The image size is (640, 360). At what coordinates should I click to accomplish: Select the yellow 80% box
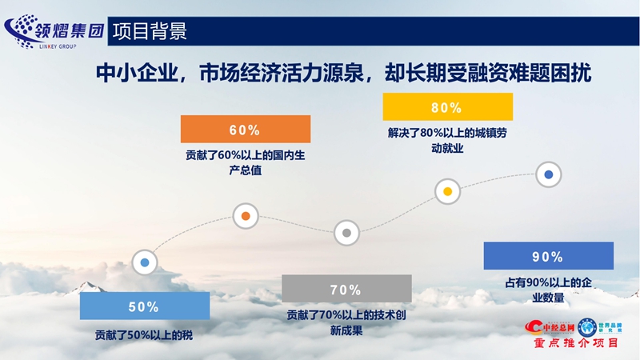pyautogui.click(x=446, y=107)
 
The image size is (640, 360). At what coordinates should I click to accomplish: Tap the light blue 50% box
pyautogui.click(x=145, y=306)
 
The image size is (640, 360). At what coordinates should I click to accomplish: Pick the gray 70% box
pyautogui.click(x=346, y=289)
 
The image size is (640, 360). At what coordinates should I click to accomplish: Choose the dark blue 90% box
pyautogui.click(x=548, y=257)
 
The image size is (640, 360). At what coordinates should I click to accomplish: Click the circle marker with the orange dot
pyautogui.click(x=246, y=216)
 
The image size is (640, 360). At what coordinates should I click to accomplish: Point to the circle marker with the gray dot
pyautogui.click(x=346, y=233)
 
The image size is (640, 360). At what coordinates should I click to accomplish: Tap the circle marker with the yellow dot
pyautogui.click(x=447, y=190)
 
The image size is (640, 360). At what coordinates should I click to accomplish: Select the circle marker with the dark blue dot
pyautogui.click(x=548, y=174)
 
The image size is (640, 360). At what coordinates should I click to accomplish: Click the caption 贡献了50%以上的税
pyautogui.click(x=144, y=336)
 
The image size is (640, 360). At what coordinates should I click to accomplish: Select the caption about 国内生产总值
pyautogui.click(x=245, y=162)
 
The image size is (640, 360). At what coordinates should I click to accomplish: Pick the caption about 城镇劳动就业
pyautogui.click(x=446, y=140)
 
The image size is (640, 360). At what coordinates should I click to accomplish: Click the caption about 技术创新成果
pyautogui.click(x=346, y=322)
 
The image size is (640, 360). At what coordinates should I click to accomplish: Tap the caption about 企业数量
pyautogui.click(x=547, y=290)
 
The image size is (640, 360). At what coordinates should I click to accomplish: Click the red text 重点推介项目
pyautogui.click(x=576, y=343)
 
